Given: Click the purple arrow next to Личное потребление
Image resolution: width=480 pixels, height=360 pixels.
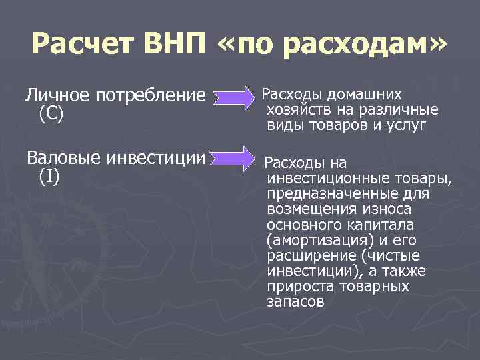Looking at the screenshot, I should (x=231, y=99).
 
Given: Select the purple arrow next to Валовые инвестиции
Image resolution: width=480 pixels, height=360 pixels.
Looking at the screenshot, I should (x=231, y=161).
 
